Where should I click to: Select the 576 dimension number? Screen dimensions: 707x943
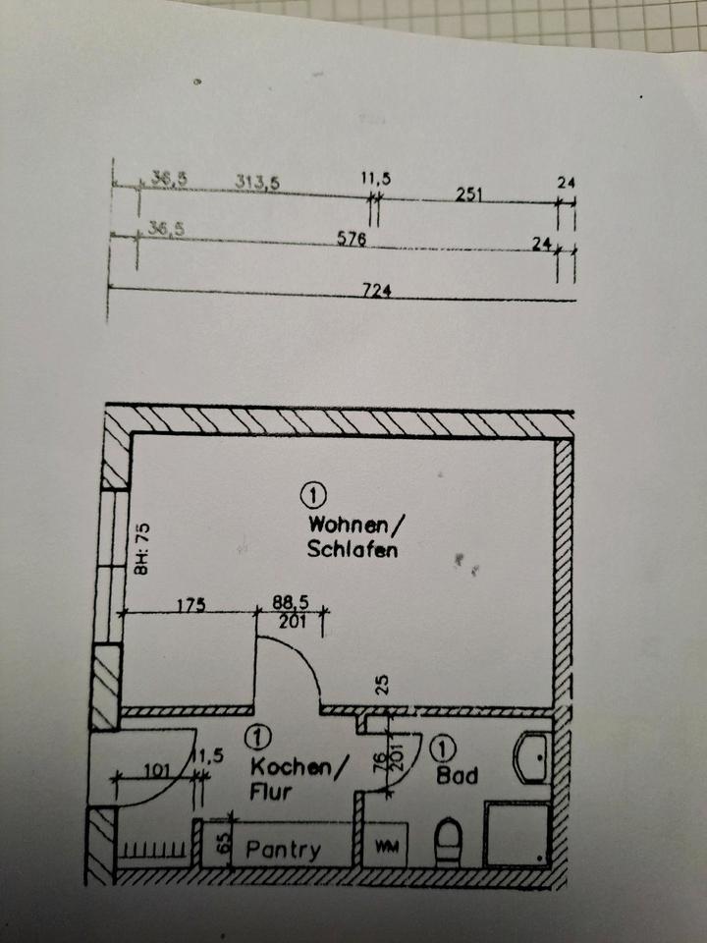[x=352, y=239]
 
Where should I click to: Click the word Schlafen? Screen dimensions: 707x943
[x=353, y=550]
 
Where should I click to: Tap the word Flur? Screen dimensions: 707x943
[x=271, y=792]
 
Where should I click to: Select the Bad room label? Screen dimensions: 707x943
[x=457, y=776]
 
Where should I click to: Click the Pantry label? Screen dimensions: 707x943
[x=283, y=850]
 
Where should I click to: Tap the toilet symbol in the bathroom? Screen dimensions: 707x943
[x=449, y=841]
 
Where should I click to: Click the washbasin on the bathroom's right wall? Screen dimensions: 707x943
[x=532, y=757]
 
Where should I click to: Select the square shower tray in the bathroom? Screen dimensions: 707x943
[x=517, y=833]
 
